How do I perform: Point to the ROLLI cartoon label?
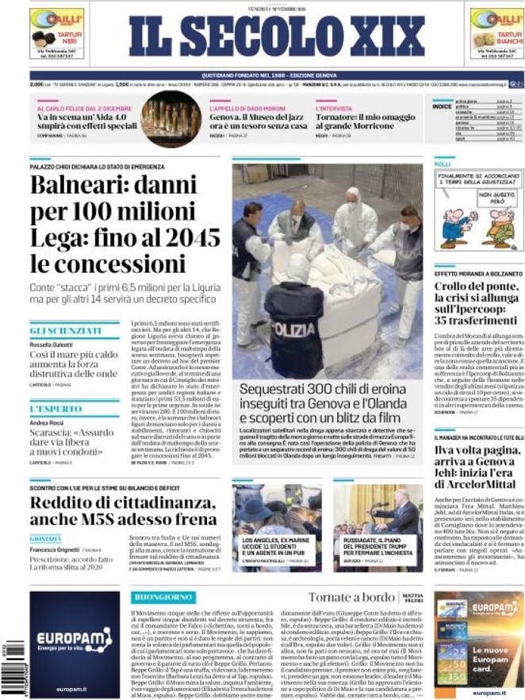(443, 164)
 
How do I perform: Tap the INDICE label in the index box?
(442, 106)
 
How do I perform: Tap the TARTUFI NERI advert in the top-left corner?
(56, 33)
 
